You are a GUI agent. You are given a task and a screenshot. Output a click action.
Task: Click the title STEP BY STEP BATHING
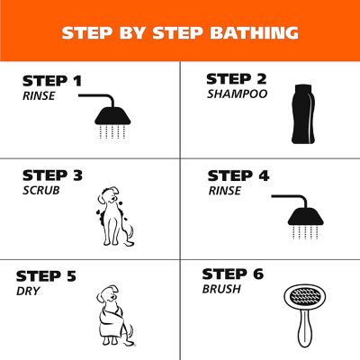180,33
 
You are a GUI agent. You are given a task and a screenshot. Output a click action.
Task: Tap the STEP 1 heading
52,81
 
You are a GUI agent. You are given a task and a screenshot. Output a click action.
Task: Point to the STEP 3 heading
52,175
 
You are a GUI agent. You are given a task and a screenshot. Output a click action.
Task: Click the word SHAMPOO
237,93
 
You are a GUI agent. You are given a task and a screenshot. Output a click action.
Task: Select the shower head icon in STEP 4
301,212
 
